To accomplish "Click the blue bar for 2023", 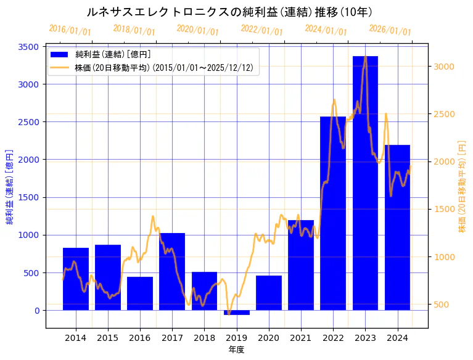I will click(365, 185).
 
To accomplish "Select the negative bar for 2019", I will click(237, 313).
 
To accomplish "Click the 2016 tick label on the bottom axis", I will click(140, 338).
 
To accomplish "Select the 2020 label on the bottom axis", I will click(269, 338).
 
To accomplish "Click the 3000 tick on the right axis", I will click(445, 67).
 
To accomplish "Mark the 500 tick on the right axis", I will click(442, 305).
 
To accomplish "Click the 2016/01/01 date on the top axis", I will click(70, 30).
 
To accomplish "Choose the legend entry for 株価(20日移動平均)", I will click(164, 67).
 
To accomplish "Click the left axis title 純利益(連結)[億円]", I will click(9, 187).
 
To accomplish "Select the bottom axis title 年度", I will click(236, 350).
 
